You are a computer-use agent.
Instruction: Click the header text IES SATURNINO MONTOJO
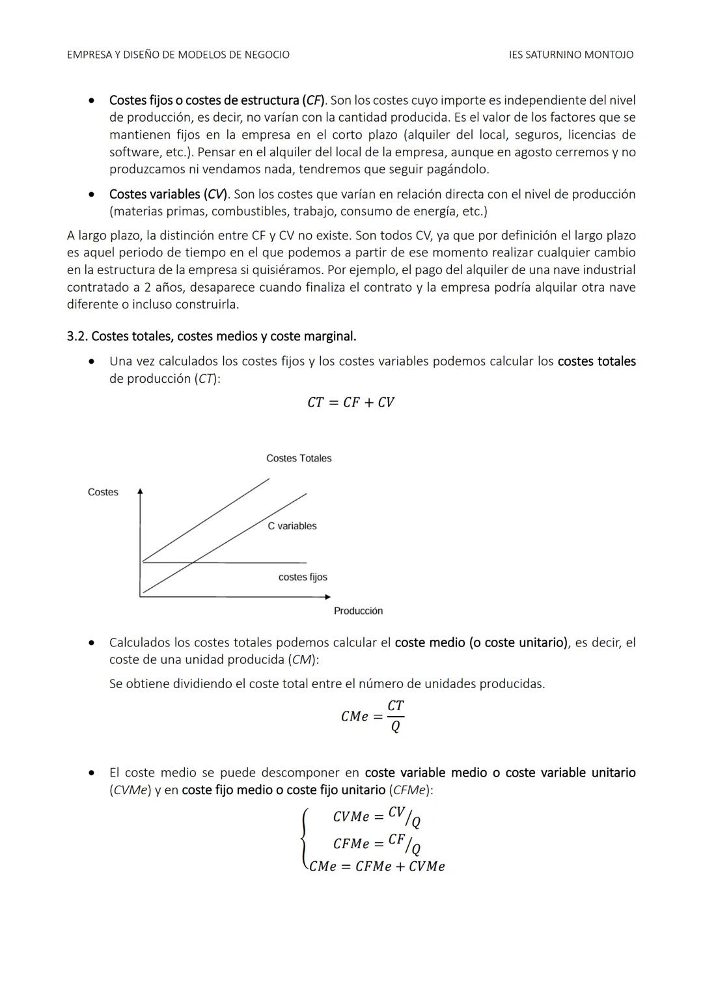pos(571,55)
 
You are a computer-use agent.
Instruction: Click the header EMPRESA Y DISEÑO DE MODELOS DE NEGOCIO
pos(178,55)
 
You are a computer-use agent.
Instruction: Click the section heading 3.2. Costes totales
pos(212,337)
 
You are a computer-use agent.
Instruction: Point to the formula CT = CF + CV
pos(351,402)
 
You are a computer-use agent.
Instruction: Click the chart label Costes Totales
pos(299,458)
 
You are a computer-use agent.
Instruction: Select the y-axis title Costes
pos(103,492)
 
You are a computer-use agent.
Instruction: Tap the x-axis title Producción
pos(358,611)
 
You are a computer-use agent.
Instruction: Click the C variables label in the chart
pos(292,526)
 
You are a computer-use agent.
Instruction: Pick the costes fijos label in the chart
pos(303,577)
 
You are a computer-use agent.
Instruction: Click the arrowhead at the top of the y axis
pos(140,491)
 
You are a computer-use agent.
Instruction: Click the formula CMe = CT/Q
pos(373,716)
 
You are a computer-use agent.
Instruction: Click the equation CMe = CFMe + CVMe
pos(377,867)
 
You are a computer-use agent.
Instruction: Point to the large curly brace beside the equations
pos(304,840)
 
